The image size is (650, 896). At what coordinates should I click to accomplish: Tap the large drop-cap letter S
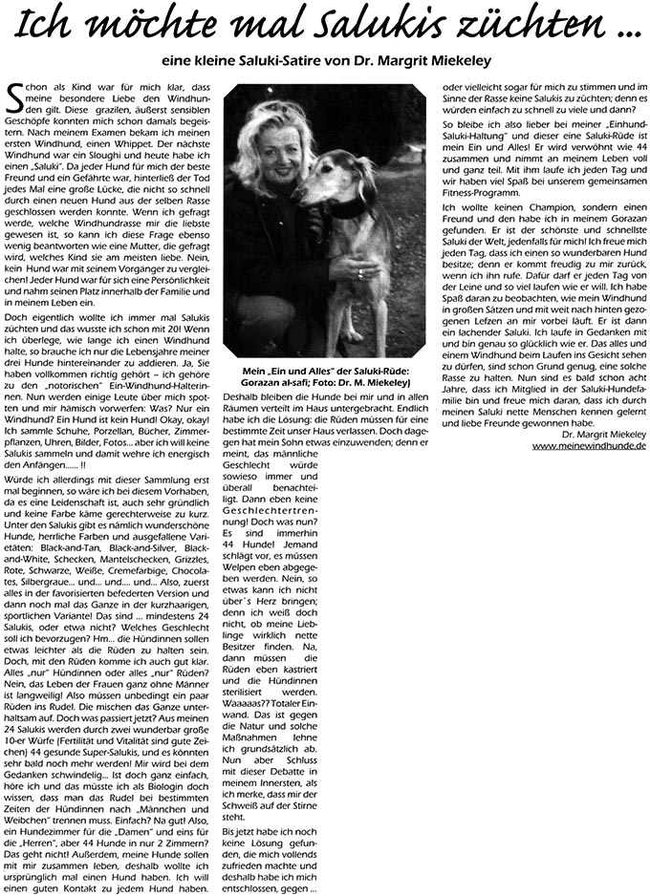pyautogui.click(x=15, y=98)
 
